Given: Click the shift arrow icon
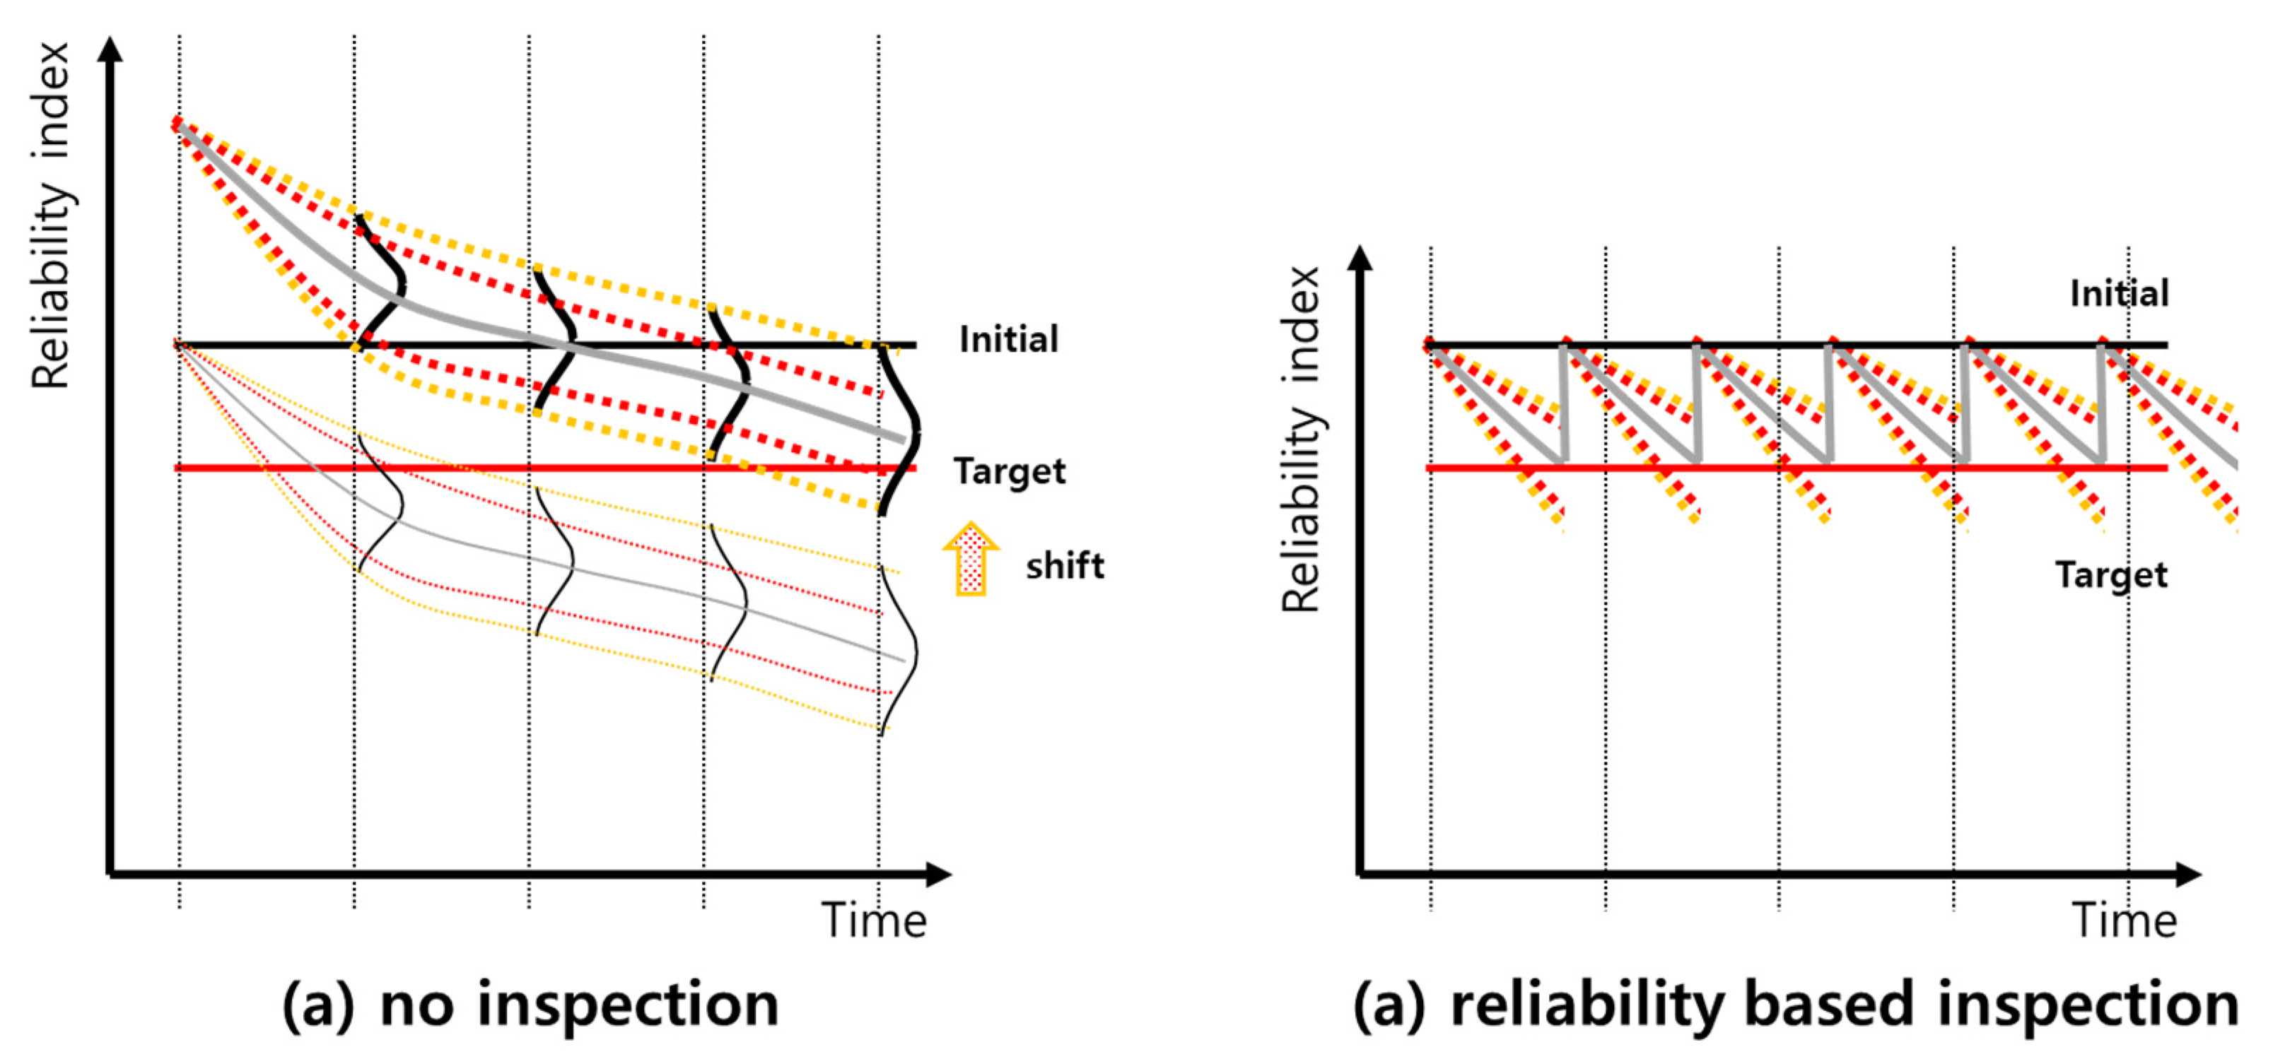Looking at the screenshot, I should point(971,559).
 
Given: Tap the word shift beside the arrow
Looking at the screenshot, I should point(1065,566).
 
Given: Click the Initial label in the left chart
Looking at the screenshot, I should point(1009,340).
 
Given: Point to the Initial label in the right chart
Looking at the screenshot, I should point(2119,293).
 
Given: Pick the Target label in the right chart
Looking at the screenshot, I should point(2111,575).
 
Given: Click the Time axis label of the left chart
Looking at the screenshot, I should point(874,921).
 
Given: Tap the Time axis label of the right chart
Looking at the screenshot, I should point(2125,921).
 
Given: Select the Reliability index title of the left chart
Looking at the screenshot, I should point(52,215).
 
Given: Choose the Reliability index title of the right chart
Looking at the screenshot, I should point(1302,439).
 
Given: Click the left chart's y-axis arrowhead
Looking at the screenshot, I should point(110,49).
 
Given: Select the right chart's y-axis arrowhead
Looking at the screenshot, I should point(1360,258).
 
